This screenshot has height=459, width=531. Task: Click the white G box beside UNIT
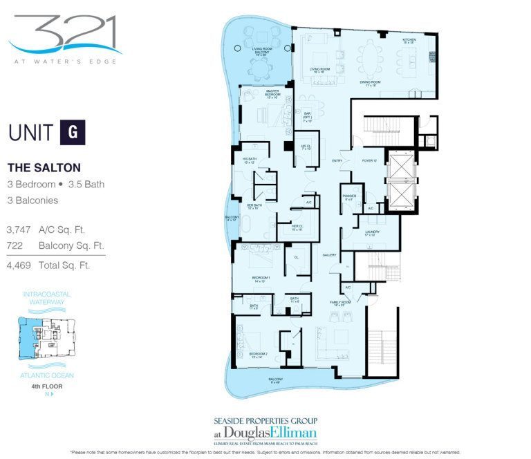pyautogui.click(x=73, y=132)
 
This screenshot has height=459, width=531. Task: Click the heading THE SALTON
pyautogui.click(x=44, y=168)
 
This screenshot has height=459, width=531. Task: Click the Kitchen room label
pyautogui.click(x=409, y=41)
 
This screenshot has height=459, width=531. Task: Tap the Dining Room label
pyautogui.click(x=371, y=84)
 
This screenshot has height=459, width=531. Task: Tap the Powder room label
pyautogui.click(x=348, y=197)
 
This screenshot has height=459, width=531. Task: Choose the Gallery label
pyautogui.click(x=328, y=255)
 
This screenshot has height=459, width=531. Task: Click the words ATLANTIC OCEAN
pyautogui.click(x=48, y=375)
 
